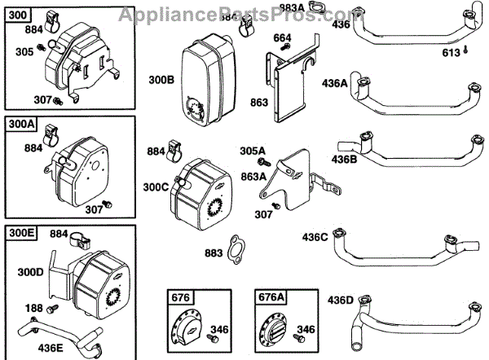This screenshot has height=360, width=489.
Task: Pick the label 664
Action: pos(282,37)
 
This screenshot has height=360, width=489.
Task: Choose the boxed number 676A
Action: pos(271,296)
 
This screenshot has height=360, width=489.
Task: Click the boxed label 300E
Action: pos(20,233)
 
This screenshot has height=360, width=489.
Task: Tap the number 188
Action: pos(33,309)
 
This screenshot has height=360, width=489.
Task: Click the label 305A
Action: pos(253,151)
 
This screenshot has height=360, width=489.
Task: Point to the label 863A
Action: pos(253,176)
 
